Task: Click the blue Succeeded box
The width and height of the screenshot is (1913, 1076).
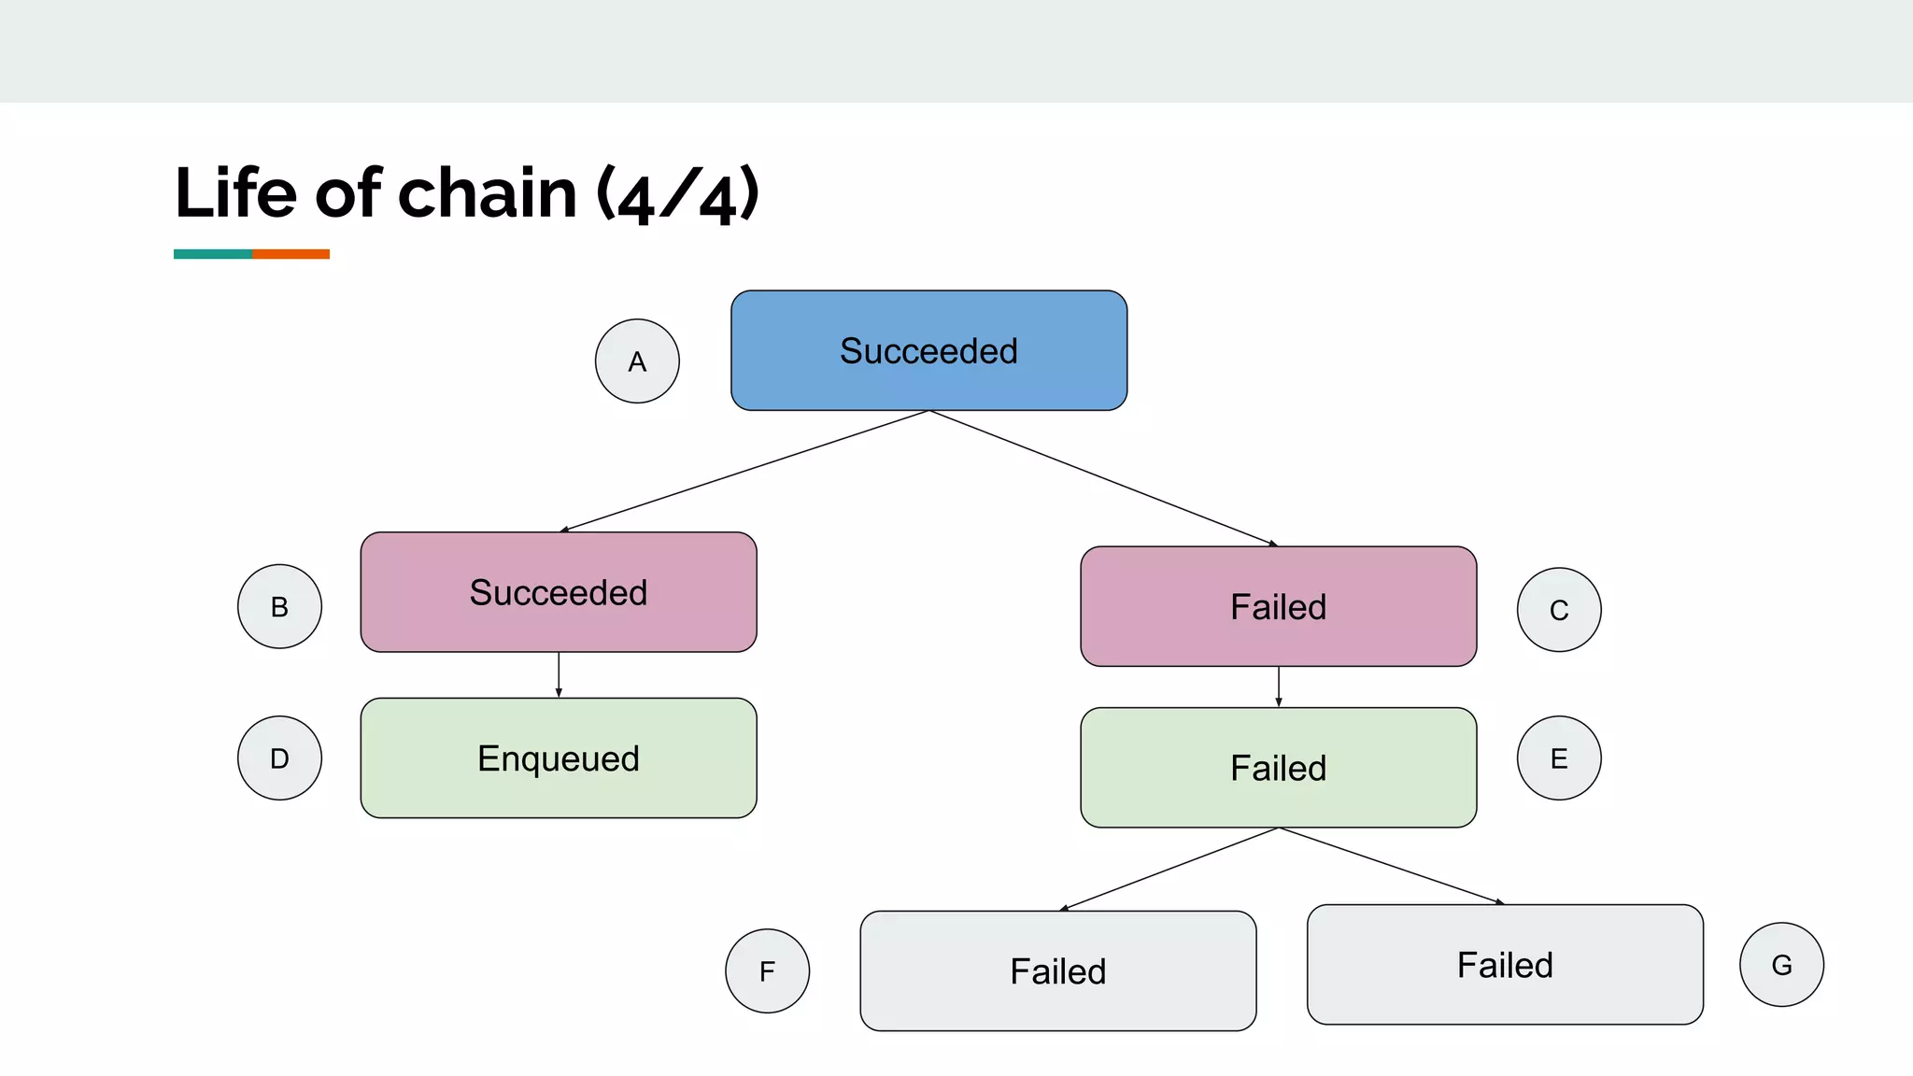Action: coord(928,350)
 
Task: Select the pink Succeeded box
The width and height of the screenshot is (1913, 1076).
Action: coord(559,592)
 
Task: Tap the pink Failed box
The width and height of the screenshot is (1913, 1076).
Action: coord(1278,606)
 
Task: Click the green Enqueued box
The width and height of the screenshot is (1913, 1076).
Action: coord(559,757)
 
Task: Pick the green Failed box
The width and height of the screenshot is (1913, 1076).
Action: coord(1278,768)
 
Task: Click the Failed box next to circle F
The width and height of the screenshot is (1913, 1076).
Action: coord(1057,970)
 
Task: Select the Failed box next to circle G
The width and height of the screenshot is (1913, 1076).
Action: coord(1505,964)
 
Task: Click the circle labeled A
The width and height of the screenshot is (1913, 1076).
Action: coord(637,361)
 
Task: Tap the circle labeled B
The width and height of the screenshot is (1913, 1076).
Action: coord(279,606)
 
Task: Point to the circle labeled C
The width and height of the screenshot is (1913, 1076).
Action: coord(1558,610)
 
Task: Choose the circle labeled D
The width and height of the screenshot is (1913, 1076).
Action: coord(279,757)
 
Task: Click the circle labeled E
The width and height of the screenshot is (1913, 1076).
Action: coord(1558,757)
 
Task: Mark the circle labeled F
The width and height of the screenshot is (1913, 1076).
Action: coord(767,970)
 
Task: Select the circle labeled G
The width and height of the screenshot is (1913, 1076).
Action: coord(1781,964)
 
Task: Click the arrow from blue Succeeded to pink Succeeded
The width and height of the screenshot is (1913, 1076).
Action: coord(744,471)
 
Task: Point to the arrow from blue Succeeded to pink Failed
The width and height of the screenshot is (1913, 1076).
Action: coord(1103,477)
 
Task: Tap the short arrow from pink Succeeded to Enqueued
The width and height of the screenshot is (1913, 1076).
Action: coord(559,674)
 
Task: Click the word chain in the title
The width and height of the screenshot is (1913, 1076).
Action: coord(488,193)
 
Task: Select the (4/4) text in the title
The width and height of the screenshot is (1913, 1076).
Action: coord(677,195)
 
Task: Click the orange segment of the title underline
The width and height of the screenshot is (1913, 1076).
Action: coord(290,254)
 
